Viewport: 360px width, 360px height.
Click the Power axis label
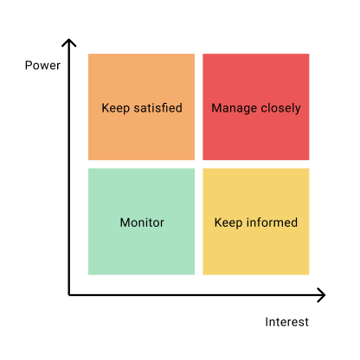click(x=42, y=66)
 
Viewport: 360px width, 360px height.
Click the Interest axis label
click(x=286, y=322)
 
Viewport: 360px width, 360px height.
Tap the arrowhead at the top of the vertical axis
click(x=69, y=42)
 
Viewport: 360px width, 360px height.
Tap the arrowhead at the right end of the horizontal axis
click(x=321, y=295)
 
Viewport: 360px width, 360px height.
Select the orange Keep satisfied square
click(x=141, y=106)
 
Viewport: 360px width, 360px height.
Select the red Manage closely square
click(x=256, y=106)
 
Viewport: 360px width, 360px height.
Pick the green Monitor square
click(x=141, y=222)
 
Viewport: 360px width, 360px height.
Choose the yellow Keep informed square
click(x=256, y=222)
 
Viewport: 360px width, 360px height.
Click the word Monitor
click(x=142, y=222)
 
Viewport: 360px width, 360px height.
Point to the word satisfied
click(x=158, y=108)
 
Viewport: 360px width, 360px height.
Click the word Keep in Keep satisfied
click(x=116, y=108)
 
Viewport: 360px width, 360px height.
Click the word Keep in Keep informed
click(x=228, y=223)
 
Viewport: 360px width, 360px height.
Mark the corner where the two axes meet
click(x=69, y=295)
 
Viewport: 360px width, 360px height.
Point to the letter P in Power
click(x=29, y=66)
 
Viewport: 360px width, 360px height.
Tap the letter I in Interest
click(x=267, y=322)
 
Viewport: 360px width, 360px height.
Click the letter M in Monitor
click(x=125, y=222)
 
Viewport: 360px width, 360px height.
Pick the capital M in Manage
click(x=216, y=108)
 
